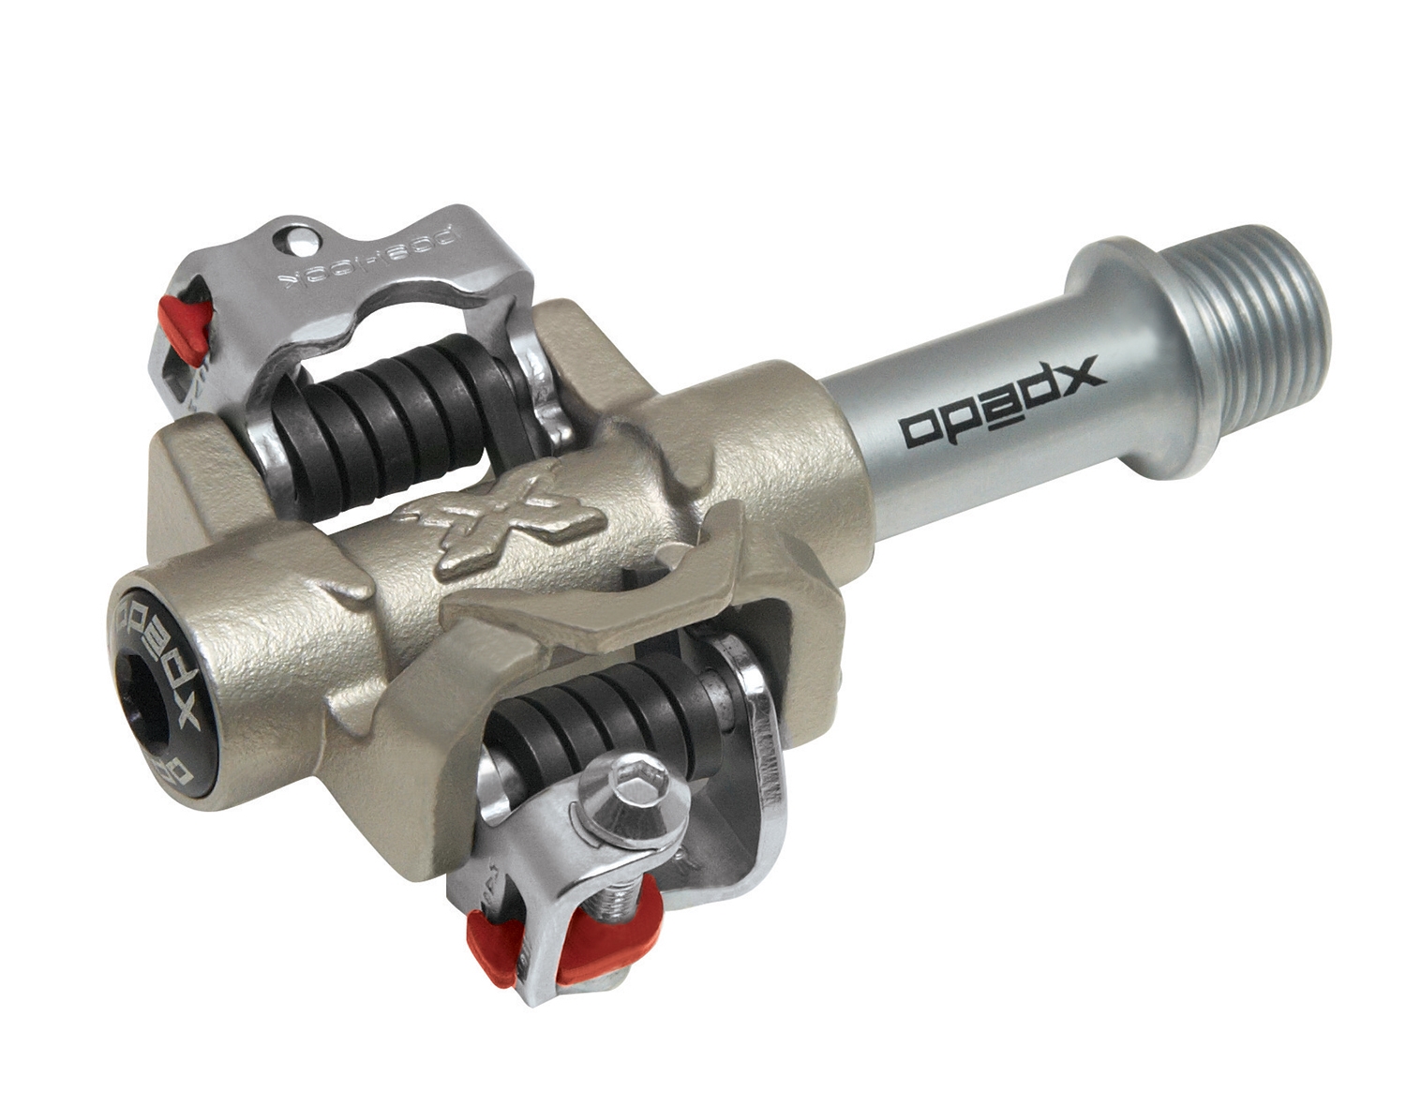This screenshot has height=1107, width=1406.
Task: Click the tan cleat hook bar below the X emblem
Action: (600, 595)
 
